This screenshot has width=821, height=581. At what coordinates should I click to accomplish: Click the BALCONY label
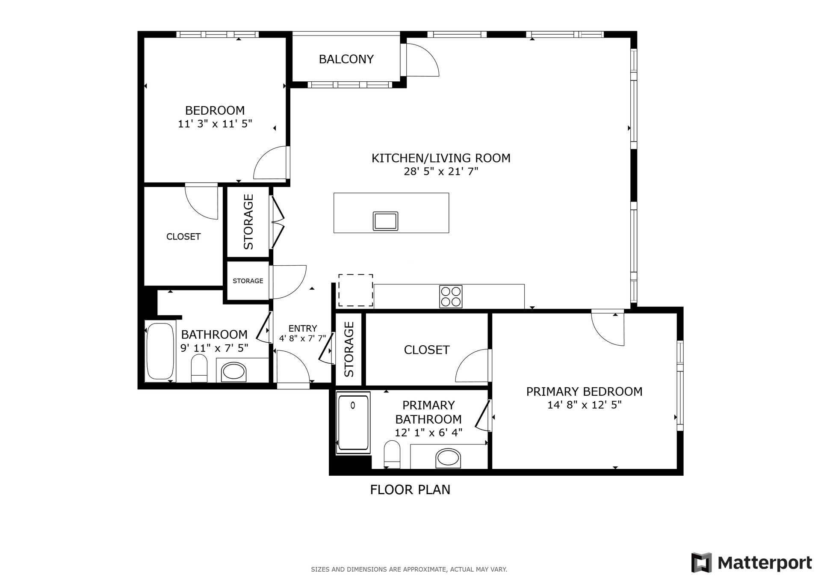(346, 59)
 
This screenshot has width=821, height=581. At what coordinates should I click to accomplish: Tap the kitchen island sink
(385, 221)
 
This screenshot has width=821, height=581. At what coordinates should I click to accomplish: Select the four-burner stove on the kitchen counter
(451, 296)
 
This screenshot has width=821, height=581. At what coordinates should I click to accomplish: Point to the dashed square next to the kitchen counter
(356, 290)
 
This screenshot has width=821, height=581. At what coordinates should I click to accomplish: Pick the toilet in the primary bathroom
(392, 454)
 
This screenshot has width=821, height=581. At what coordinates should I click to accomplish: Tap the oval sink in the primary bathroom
(448, 458)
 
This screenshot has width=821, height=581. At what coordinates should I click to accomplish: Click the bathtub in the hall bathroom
(160, 351)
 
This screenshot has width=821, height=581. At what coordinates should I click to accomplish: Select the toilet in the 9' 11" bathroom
(199, 368)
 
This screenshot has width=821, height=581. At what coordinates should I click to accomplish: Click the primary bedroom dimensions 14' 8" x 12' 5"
(584, 405)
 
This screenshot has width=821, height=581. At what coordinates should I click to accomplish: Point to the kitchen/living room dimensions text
(441, 172)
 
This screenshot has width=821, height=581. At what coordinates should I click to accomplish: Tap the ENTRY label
(303, 328)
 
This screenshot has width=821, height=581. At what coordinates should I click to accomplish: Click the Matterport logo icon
(701, 562)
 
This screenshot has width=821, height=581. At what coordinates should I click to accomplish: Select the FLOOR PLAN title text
(410, 489)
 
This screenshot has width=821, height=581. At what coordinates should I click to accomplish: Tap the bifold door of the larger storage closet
(278, 222)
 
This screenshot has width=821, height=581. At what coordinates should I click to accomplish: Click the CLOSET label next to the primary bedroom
(427, 350)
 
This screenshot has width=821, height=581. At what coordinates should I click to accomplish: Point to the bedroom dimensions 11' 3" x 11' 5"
(215, 124)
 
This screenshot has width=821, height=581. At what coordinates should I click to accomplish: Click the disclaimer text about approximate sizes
(409, 569)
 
